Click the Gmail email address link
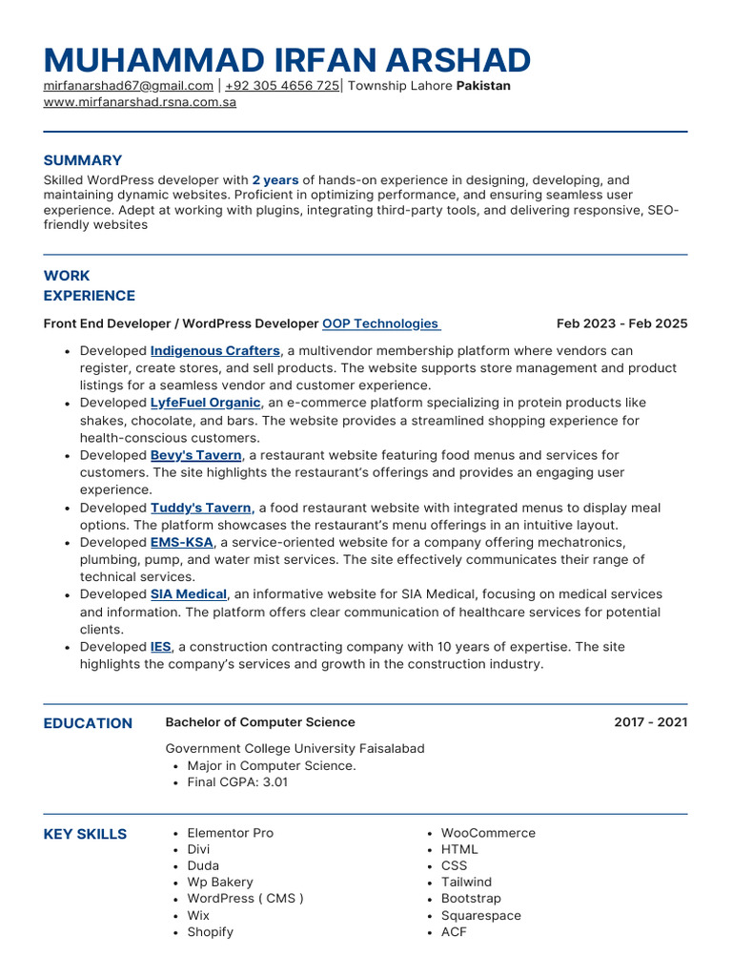[129, 86]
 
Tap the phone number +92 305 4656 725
[282, 86]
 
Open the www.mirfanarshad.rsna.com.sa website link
[140, 102]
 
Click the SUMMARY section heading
[83, 160]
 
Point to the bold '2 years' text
[275, 180]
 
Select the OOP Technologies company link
[380, 324]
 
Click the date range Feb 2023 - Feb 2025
[621, 324]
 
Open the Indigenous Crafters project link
[215, 351]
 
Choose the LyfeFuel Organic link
[205, 404]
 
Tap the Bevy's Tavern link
[195, 455]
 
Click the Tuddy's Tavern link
[200, 509]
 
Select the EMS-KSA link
[181, 543]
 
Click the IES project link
[160, 647]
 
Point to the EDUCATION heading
[88, 723]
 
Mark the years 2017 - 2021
[650, 722]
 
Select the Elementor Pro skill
[230, 833]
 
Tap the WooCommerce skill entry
[488, 833]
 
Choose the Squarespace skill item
[481, 916]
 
